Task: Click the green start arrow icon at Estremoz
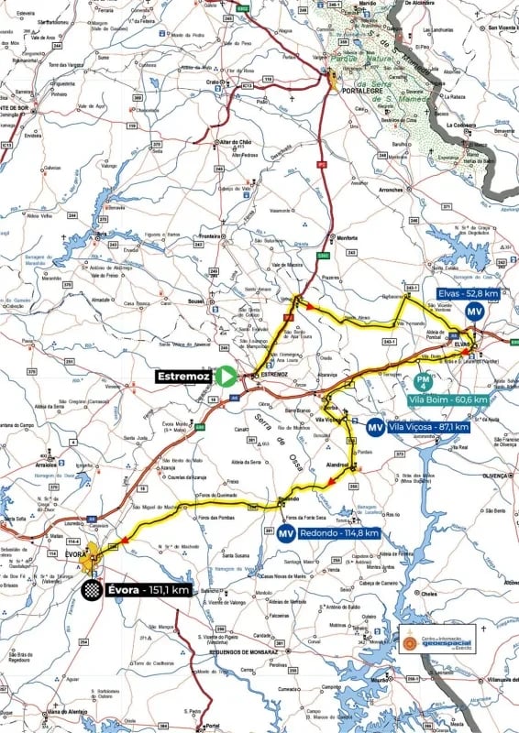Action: point(226,375)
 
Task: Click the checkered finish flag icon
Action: point(91,590)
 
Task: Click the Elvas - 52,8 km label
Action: point(467,293)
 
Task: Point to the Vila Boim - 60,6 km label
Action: point(450,399)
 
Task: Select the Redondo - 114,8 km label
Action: point(340,534)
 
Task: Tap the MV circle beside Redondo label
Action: point(287,534)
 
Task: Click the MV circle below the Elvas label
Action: point(474,312)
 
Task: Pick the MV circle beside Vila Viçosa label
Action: point(375,427)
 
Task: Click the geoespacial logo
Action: point(437,640)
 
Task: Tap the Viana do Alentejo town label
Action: point(68,711)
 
